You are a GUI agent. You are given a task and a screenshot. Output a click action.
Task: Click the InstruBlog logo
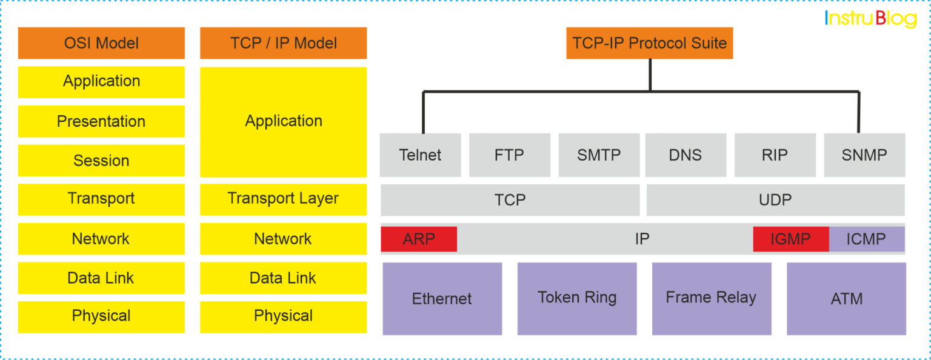[870, 19]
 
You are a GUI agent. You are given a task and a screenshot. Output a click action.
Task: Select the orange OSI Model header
[101, 43]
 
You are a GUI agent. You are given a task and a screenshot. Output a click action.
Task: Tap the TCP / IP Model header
[283, 43]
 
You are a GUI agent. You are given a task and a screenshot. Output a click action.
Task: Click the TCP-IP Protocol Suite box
[649, 43]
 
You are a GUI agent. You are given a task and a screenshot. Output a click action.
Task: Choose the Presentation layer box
[101, 121]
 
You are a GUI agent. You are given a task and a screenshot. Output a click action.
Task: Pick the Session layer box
[101, 161]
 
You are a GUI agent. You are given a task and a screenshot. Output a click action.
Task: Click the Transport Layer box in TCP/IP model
[283, 199]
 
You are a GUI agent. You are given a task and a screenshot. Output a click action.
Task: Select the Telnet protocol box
[420, 155]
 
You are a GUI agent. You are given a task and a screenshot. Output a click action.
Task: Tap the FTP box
[509, 155]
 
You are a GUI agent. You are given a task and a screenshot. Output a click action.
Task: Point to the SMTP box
[598, 155]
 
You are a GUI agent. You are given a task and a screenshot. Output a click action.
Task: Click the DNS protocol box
[685, 155]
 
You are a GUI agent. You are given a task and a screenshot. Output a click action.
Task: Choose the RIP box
[775, 155]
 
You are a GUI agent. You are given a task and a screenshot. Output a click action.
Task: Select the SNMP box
[864, 155]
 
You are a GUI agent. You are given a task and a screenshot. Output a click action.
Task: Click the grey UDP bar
[775, 200]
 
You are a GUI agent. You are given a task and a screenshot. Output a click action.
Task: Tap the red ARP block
[419, 239]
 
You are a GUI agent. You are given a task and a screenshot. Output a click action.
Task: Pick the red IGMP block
[790, 239]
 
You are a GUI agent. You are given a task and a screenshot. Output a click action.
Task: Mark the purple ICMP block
[866, 239]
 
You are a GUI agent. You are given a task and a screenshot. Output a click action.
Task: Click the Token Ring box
[576, 298]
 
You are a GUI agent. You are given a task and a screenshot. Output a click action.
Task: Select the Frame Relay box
[711, 298]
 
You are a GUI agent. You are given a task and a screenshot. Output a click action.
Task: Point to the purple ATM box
[846, 298]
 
